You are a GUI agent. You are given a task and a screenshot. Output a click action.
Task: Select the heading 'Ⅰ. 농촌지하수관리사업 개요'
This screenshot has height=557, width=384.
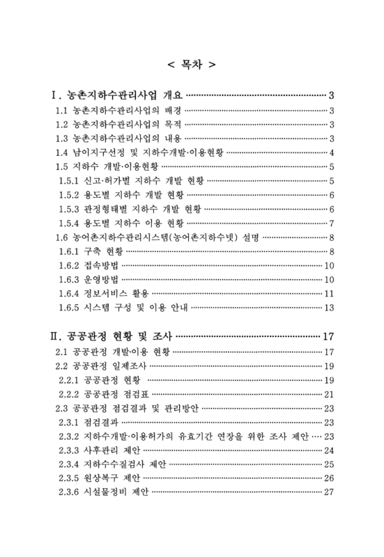click(x=116, y=95)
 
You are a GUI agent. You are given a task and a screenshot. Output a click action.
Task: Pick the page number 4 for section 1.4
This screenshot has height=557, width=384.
click(x=333, y=153)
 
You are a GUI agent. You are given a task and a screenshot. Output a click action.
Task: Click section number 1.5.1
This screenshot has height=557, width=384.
click(x=70, y=181)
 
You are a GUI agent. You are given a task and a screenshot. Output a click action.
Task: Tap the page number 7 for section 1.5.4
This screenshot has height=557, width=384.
click(x=333, y=223)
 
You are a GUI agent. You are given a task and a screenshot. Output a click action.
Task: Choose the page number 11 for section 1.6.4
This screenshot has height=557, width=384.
click(x=331, y=293)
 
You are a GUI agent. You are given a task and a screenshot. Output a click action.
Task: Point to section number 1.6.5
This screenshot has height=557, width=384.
click(x=70, y=307)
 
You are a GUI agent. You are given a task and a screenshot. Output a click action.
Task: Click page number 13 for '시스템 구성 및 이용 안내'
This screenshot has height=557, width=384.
click(x=331, y=307)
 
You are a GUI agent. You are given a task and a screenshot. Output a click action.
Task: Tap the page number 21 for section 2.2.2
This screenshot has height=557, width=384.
click(x=331, y=394)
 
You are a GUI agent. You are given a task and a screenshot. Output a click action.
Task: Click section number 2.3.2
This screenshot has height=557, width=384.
click(x=70, y=437)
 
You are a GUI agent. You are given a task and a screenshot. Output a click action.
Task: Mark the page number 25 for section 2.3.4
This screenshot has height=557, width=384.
click(x=331, y=464)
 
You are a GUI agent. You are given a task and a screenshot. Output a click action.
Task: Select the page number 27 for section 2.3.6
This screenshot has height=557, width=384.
click(x=331, y=492)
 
